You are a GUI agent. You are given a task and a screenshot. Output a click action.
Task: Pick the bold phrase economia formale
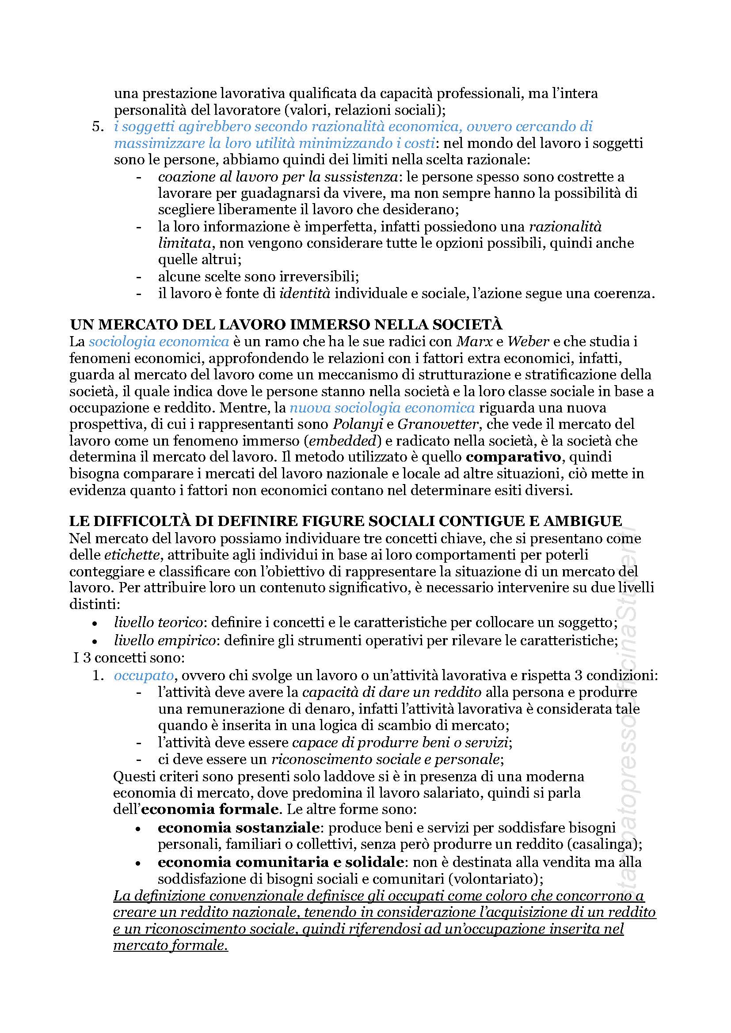click(210, 809)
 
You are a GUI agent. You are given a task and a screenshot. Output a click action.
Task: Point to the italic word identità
click(305, 294)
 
